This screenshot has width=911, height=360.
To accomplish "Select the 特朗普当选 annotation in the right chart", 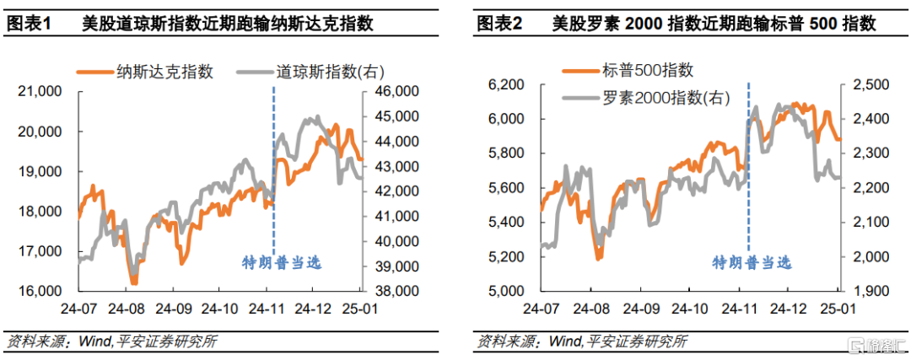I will pyautogui.click(x=752, y=263).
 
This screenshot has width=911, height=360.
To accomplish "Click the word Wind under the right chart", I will pyautogui.click(x=563, y=341).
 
